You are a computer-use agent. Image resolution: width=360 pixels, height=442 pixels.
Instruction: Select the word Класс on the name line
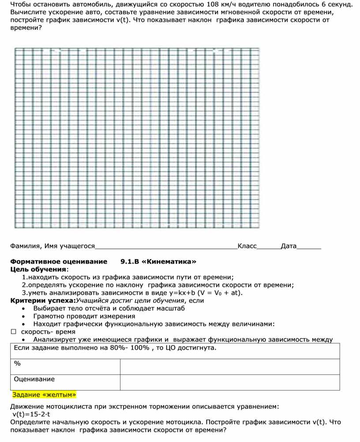(247, 246)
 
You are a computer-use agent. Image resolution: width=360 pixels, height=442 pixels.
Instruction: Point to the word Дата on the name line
(289, 246)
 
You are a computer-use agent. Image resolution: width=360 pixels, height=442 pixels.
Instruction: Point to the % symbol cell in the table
(17, 363)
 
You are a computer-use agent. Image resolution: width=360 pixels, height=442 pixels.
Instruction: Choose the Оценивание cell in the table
(34, 379)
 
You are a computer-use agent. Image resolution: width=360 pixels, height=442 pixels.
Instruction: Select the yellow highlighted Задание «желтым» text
(45, 394)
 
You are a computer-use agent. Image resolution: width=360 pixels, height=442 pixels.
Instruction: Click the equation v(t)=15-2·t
(31, 414)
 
